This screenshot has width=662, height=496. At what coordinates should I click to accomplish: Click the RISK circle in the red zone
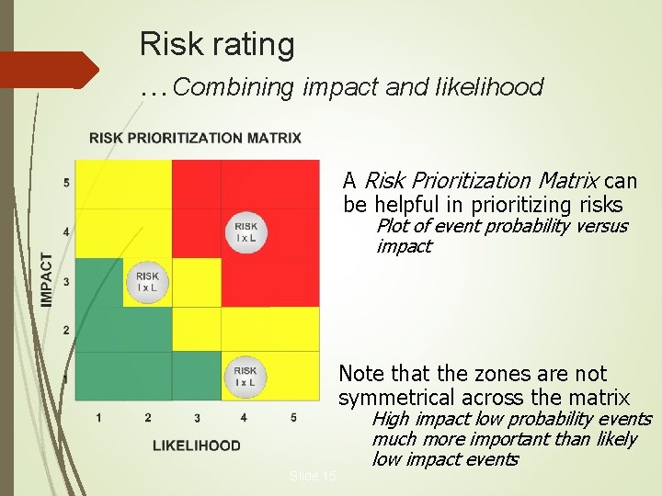(x=245, y=231)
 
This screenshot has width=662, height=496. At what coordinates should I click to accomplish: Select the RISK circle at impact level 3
(x=147, y=281)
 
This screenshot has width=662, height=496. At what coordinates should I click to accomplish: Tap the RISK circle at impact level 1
(x=245, y=377)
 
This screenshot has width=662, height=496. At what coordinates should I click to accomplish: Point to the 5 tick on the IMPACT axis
(x=66, y=183)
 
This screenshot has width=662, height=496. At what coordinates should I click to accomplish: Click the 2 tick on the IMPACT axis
(x=66, y=330)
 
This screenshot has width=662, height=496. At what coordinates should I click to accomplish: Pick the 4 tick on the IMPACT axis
(x=66, y=232)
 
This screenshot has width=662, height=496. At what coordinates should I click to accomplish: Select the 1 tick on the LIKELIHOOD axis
(x=98, y=418)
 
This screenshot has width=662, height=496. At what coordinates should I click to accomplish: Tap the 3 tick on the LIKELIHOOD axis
(x=197, y=418)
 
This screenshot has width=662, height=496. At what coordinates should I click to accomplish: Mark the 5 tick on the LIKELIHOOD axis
(x=293, y=418)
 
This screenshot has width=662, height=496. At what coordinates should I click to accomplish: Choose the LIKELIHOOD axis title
(x=196, y=445)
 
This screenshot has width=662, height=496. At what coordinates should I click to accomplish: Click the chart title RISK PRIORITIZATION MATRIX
(x=195, y=138)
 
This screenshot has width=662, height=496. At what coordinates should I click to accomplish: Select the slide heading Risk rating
(x=217, y=43)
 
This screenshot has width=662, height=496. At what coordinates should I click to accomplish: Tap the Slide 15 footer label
(x=313, y=476)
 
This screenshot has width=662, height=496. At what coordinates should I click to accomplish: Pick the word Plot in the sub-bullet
(x=393, y=226)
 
